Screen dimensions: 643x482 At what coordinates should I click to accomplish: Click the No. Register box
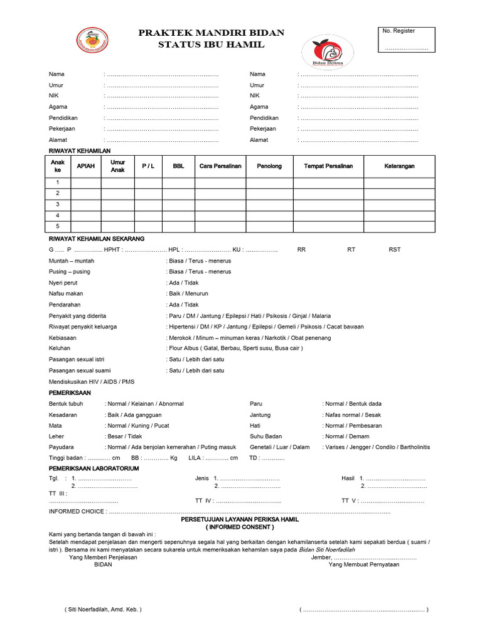coord(406,40)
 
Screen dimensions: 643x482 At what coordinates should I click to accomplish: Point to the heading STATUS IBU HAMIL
coord(211,45)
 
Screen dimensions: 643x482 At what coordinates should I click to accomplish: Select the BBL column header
coord(178,166)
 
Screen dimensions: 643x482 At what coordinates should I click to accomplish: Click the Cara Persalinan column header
coord(220,166)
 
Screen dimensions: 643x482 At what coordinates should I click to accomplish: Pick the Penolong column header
coord(269,166)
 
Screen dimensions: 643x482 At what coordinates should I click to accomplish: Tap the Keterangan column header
coord(399,166)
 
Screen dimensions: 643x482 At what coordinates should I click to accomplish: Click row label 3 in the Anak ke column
coord(57,205)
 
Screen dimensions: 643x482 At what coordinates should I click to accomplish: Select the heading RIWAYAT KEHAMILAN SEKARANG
coord(97,239)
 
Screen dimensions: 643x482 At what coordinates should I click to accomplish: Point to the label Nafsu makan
coord(66,294)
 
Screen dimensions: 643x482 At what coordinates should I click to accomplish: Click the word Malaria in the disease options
coord(320,316)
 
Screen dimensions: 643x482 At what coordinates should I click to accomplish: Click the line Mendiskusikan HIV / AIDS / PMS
coord(92,381)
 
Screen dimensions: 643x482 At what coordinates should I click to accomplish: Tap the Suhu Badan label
coord(266,436)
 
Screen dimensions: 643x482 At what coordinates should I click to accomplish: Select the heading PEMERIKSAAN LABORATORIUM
coord(94,468)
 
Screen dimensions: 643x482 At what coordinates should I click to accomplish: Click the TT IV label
coord(205,501)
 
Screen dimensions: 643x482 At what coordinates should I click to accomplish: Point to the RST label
coord(394,250)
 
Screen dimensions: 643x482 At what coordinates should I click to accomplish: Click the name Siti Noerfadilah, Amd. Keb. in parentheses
coord(103,609)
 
